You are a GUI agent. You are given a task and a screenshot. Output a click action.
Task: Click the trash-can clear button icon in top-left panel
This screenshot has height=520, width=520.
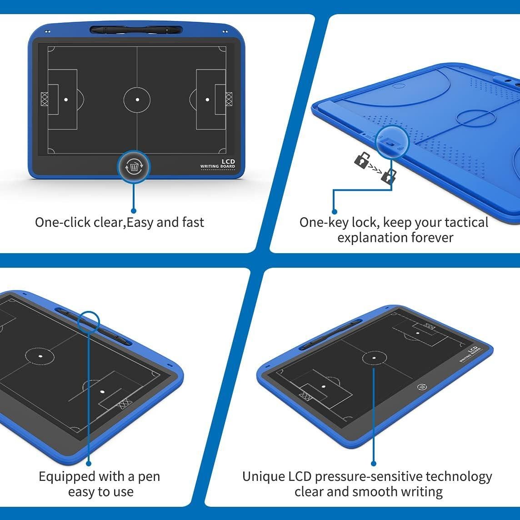point(134,167)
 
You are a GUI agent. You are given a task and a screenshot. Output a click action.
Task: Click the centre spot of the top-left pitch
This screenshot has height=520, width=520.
point(137,100)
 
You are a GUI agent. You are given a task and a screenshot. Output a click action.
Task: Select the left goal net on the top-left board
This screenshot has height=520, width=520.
point(44,99)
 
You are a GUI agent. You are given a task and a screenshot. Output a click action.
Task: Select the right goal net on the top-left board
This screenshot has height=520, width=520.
point(229,99)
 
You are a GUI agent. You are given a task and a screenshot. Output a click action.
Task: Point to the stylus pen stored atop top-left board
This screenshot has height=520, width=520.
point(136,30)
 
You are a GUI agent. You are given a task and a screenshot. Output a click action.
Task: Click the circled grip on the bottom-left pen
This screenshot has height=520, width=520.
point(88,322)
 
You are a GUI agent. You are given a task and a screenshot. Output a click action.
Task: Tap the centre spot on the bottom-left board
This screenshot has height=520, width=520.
point(40,356)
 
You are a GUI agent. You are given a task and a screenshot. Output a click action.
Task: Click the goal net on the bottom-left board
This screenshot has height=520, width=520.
point(123,404)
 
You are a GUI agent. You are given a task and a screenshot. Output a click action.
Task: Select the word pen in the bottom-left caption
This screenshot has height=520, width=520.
point(149,477)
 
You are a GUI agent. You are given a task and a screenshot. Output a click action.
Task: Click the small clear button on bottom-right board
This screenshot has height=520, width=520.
point(421,387)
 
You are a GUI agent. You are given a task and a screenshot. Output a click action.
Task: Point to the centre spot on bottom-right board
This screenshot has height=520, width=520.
point(374,358)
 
